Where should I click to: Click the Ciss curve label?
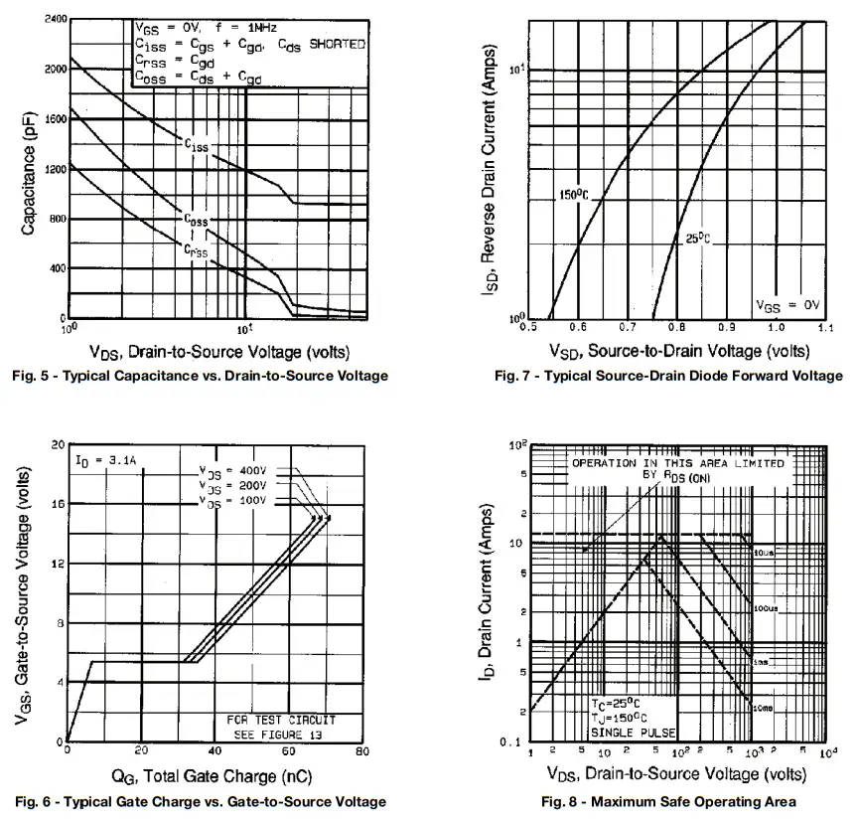point(196,145)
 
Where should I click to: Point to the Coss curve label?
point(196,220)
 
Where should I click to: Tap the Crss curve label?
point(196,251)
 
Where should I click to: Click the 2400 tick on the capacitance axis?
point(54,20)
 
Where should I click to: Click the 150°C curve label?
point(573,195)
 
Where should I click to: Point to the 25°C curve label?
point(699,238)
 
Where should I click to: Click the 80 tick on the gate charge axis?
point(362,751)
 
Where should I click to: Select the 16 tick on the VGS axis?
point(56,504)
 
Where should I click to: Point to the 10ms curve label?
point(764,707)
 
